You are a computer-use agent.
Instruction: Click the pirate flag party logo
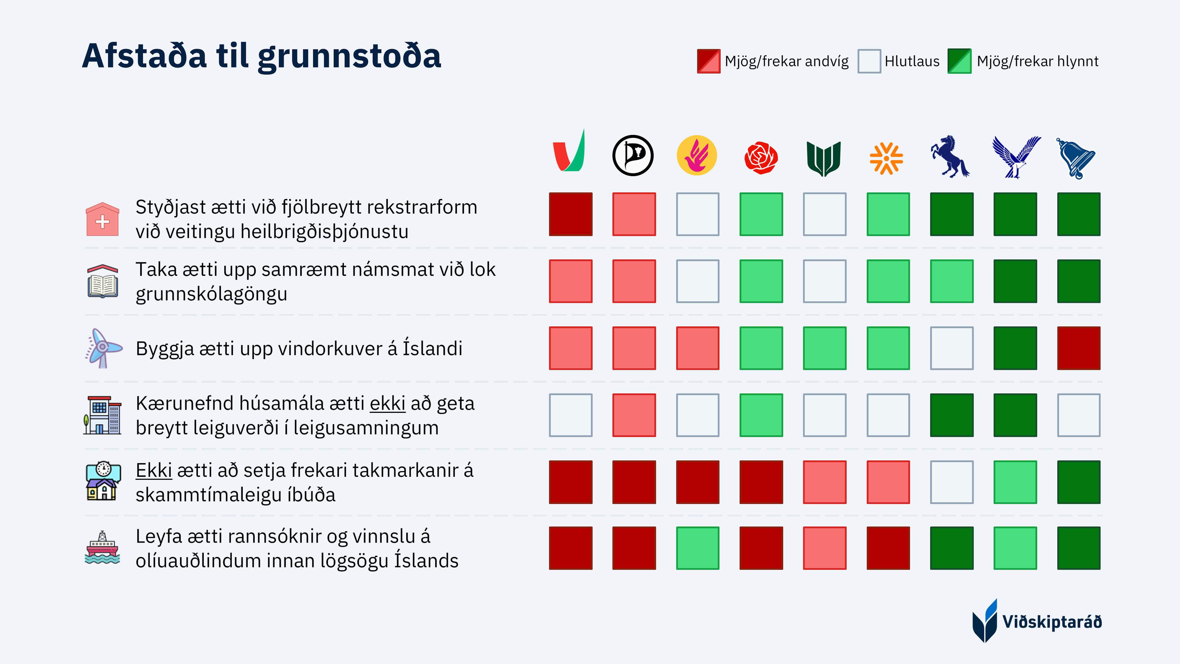pos(633,155)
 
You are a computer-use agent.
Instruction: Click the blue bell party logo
pos(1076,158)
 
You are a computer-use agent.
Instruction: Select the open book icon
pos(103,281)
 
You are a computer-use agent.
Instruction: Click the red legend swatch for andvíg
pos(709,61)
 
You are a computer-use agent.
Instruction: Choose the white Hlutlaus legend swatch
pos(869,61)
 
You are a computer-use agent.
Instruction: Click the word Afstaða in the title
pos(144,56)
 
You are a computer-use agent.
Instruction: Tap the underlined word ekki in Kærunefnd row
pos(387,403)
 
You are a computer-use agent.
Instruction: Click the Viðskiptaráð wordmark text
pos(1052,622)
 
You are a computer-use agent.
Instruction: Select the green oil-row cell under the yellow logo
pos(698,548)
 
